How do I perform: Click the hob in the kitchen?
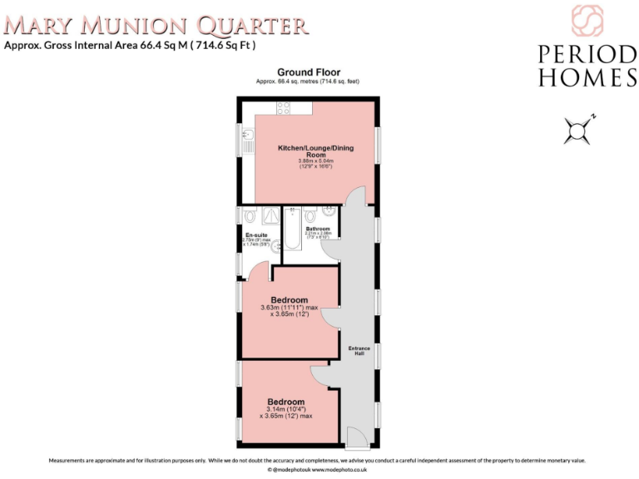[284, 107]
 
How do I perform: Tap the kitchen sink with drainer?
[248, 141]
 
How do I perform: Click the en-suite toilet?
[250, 215]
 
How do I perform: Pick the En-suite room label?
[255, 235]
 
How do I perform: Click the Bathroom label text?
[318, 229]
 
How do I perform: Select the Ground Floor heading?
[309, 72]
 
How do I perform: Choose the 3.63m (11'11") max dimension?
[289, 308]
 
